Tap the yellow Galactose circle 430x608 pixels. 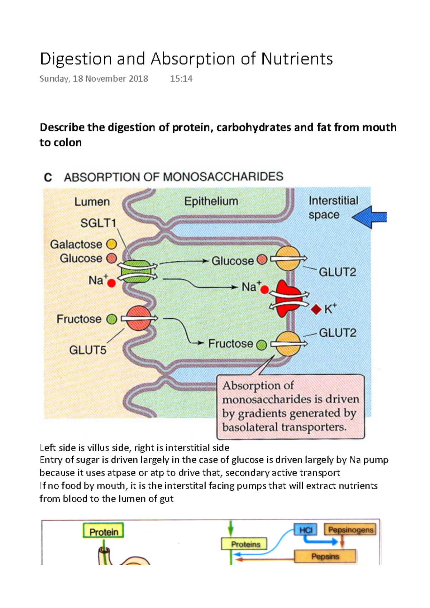(112, 244)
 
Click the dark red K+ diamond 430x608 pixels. (316, 309)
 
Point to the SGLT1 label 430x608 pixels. (98, 223)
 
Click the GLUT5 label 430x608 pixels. (88, 350)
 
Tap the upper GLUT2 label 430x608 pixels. (337, 272)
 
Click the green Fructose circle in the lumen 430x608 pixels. (112, 319)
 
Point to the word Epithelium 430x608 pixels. (211, 201)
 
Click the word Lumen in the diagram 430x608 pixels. (92, 202)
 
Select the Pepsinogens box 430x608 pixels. (350, 530)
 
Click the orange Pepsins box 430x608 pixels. (325, 556)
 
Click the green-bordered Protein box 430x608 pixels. (104, 531)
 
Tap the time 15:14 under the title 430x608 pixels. (181, 79)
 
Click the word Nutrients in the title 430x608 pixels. (297, 59)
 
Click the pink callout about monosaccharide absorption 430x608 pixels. (290, 407)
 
